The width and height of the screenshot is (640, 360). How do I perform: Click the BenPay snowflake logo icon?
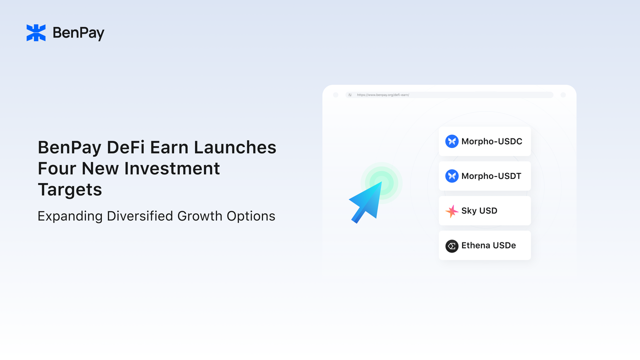click(x=36, y=33)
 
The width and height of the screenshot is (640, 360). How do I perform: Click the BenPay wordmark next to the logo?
click(x=78, y=33)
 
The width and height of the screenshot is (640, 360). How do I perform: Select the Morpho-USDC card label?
click(x=491, y=141)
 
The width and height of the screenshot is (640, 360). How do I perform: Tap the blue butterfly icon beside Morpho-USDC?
click(x=452, y=141)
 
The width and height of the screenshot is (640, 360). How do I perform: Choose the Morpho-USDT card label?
click(x=491, y=176)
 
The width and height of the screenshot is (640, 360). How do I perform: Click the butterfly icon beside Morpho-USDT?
click(x=452, y=176)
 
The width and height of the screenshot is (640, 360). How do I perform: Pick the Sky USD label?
click(x=479, y=211)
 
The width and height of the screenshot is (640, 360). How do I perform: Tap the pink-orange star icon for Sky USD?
click(x=452, y=211)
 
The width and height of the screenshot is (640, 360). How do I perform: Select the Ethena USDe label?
click(x=488, y=245)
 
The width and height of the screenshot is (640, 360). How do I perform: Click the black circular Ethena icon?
click(x=452, y=246)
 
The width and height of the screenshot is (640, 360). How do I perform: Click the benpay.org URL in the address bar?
click(x=383, y=95)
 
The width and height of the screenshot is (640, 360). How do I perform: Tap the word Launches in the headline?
click(x=235, y=147)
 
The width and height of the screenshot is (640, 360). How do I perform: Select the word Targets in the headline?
click(x=70, y=190)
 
